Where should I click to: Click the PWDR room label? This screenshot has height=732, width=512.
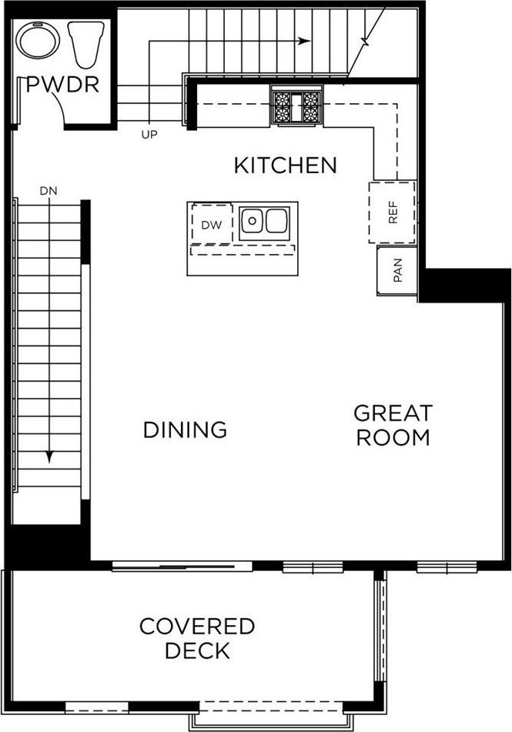click(63, 84)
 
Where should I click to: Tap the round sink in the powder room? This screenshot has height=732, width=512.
click(36, 38)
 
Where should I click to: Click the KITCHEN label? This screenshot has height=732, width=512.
click(286, 165)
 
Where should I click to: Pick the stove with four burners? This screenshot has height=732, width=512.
click(296, 106)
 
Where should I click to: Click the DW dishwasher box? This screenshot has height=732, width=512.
click(211, 225)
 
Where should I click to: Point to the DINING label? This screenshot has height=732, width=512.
click(185, 430)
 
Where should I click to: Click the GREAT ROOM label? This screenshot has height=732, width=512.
click(393, 425)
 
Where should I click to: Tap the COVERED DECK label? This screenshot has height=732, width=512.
click(197, 638)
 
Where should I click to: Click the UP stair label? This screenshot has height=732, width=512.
click(149, 134)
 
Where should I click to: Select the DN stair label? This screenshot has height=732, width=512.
click(49, 190)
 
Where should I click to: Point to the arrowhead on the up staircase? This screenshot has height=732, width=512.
click(306, 41)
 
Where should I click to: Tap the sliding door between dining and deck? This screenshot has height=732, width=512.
click(182, 567)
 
